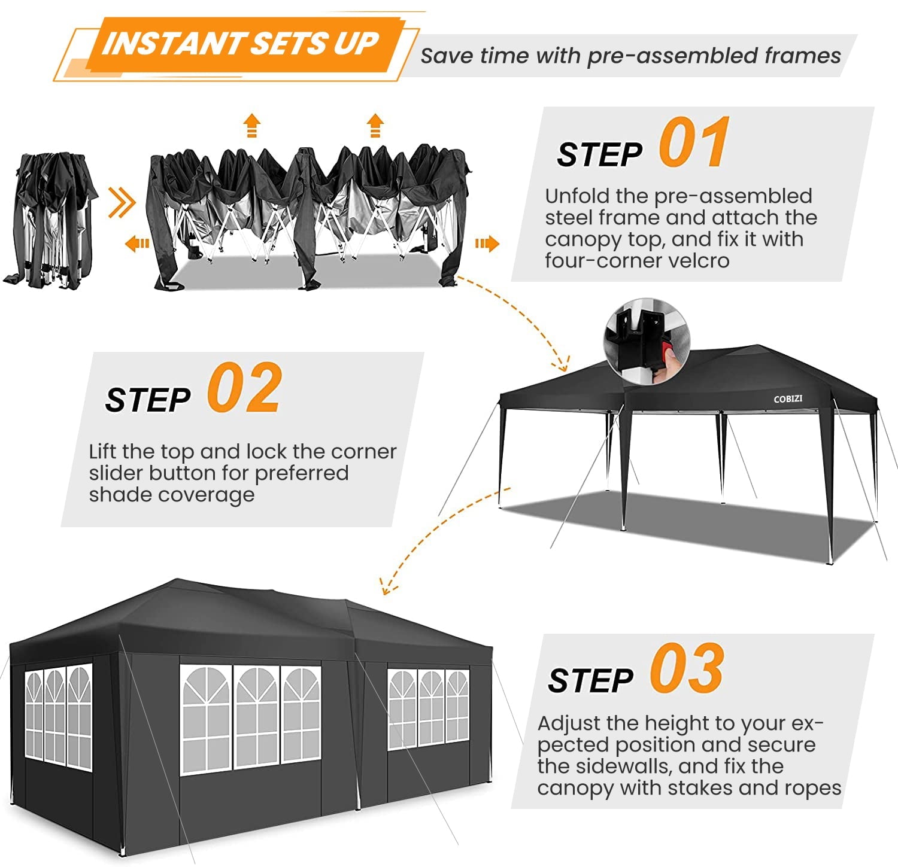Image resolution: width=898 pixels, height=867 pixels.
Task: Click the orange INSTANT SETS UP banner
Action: (239, 44)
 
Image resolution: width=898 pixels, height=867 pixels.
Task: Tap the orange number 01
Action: (694, 143)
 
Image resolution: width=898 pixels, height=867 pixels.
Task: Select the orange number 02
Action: (244, 388)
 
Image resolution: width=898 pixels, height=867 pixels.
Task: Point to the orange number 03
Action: (687, 669)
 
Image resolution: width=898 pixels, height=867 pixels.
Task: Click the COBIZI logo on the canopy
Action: (788, 399)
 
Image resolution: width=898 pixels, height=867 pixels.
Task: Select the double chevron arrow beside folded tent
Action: (122, 203)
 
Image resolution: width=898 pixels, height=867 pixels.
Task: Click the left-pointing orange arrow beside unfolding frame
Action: (137, 244)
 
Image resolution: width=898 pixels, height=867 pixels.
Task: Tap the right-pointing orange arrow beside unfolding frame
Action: (487, 244)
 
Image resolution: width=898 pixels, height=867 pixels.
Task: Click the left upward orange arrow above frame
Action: (252, 126)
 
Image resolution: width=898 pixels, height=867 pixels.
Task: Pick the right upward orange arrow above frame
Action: (375, 126)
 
